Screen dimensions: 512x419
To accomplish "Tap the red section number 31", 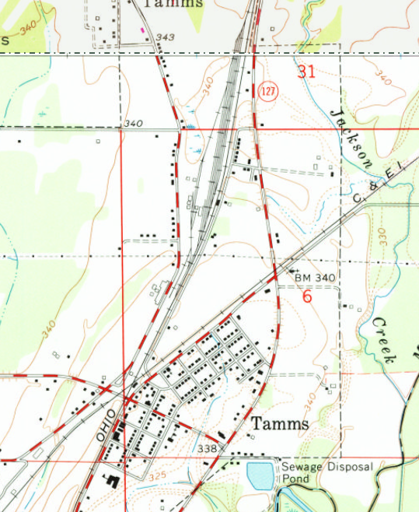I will (307, 72).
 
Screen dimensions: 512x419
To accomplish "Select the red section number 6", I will (307, 296).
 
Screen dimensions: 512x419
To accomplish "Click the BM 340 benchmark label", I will (314, 277).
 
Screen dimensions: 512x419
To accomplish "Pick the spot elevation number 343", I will (165, 37).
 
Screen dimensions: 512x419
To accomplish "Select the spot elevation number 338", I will (207, 449).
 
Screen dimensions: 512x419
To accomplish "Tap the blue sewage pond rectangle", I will (260, 473).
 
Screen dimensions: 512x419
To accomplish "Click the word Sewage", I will (300, 467).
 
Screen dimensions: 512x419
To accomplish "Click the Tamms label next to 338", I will (280, 424).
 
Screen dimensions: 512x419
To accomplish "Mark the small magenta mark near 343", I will (141, 30).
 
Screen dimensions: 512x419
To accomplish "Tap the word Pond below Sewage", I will (295, 479).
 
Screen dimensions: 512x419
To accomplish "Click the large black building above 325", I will (110, 480).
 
